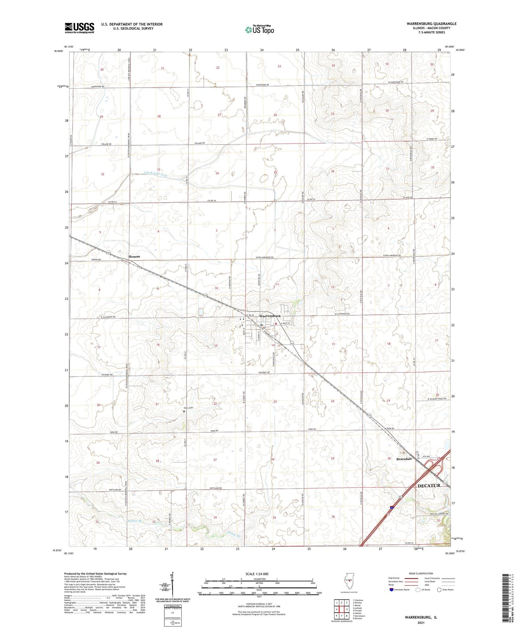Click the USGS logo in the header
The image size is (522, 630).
pyautogui.click(x=79, y=28)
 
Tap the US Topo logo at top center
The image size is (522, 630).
pyautogui.click(x=259, y=30)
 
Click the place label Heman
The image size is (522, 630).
pyautogui.click(x=134, y=256)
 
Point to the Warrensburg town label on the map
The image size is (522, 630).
pyautogui.click(x=270, y=316)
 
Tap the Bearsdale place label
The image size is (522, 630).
pyautogui.click(x=404, y=459)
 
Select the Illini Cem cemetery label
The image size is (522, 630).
pyautogui.click(x=188, y=408)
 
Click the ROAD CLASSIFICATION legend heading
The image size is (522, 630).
pyautogui.click(x=421, y=573)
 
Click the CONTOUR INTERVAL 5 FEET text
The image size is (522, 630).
pyautogui.click(x=259, y=605)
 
